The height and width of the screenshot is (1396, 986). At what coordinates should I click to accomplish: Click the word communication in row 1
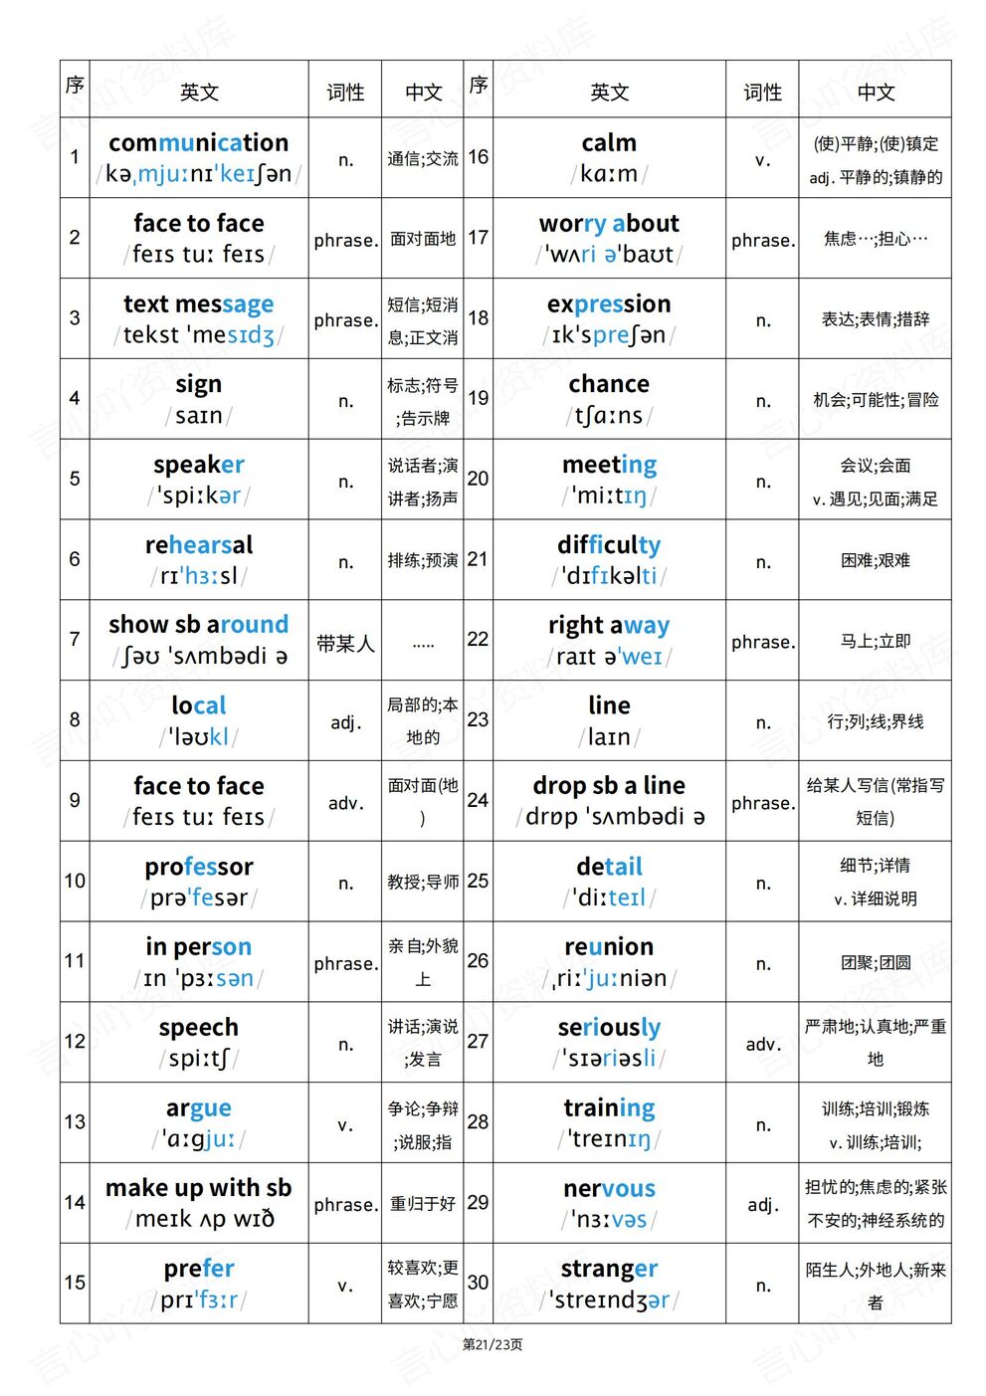198,142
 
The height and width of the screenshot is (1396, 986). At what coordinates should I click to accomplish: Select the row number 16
478,157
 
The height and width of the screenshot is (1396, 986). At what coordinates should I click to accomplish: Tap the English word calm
609,142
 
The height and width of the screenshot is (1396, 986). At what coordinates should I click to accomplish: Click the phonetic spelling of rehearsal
199,576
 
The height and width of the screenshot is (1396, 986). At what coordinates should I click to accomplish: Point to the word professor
199,867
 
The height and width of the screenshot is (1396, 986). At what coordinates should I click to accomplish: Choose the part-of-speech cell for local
345,722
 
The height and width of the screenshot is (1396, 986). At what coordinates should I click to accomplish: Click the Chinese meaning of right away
875,642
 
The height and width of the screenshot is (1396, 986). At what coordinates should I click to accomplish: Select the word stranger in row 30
609,1269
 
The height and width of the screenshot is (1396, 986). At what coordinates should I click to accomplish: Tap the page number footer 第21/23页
493,1344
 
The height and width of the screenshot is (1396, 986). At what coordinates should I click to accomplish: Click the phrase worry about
609,223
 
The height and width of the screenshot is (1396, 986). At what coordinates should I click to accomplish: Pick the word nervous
609,1188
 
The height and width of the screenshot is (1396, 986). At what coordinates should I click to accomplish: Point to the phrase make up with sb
199,1188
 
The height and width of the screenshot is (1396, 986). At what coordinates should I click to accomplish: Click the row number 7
75,639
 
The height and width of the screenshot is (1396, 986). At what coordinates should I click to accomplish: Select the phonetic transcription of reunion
609,978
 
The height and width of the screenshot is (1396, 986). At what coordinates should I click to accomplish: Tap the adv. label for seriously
762,1044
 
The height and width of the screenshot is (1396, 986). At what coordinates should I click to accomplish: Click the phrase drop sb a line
609,785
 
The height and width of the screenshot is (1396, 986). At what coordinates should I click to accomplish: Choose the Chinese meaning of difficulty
875,560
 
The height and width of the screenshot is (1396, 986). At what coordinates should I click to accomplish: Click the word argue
199,1107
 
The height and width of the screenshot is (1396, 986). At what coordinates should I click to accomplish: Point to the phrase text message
199,303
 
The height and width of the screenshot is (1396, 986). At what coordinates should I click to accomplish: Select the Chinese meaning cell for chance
875,400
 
